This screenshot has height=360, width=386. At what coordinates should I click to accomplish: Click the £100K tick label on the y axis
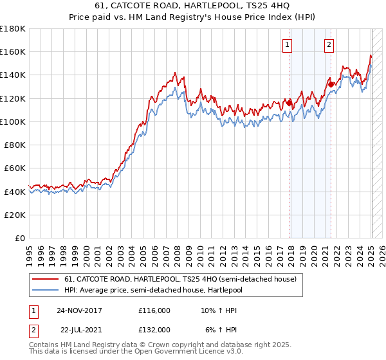coord(13,122)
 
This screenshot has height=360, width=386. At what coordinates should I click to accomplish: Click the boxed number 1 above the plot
coord(286,45)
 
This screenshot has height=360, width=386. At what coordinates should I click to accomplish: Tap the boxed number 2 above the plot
coord(329,45)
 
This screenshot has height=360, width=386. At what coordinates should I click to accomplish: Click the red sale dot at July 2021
coord(331,84)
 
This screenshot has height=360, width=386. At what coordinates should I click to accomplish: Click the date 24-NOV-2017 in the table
coord(79,310)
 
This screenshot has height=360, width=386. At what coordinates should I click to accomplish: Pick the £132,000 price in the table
coord(154,329)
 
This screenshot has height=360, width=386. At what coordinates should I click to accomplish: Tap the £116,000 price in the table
coord(154,310)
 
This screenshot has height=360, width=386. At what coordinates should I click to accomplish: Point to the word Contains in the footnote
coord(45,345)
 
